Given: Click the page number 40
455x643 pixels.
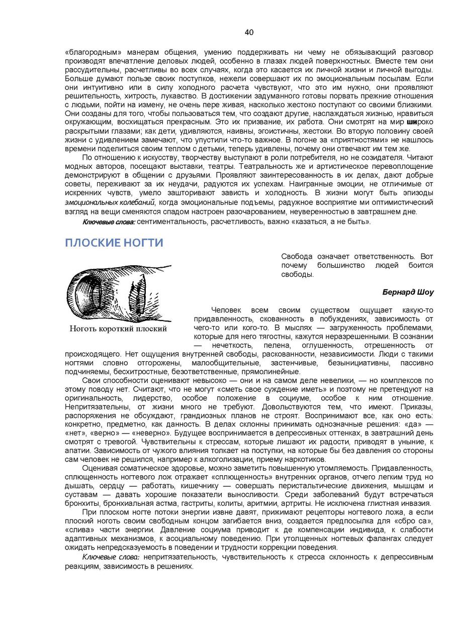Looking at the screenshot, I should (x=249, y=33).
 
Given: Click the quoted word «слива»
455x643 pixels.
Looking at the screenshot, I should (x=80, y=530).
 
